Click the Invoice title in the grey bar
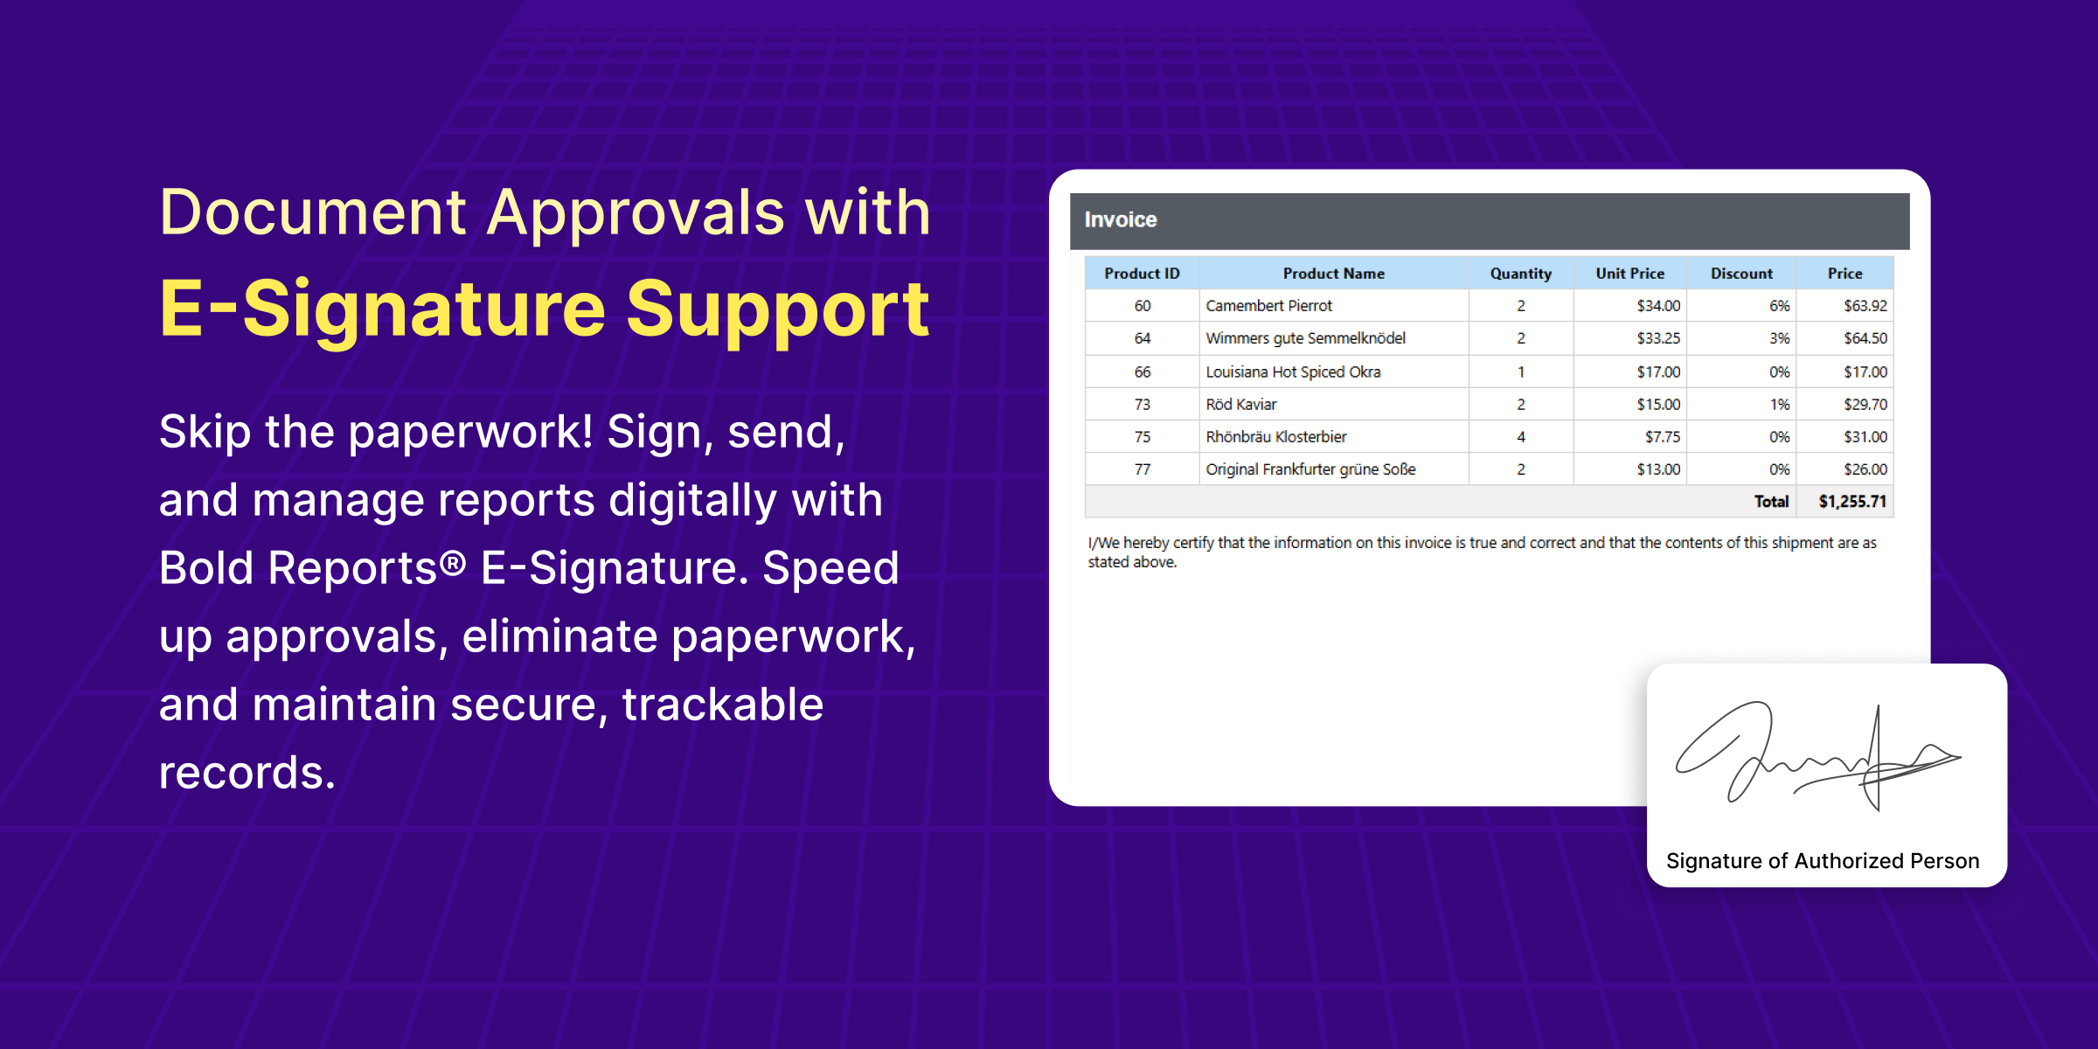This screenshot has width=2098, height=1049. click(1120, 220)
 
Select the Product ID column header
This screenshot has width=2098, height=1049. click(1142, 274)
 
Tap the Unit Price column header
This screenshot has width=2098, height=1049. click(1629, 274)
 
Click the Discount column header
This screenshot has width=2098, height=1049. click(1741, 274)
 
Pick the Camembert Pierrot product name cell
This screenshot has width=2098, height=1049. click(1268, 306)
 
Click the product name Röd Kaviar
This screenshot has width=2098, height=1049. click(1241, 405)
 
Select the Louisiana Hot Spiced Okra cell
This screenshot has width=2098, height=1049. click(1293, 372)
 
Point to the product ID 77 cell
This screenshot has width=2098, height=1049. click(1142, 469)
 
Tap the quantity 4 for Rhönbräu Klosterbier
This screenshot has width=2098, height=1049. click(1521, 437)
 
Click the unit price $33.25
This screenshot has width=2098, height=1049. click(1658, 338)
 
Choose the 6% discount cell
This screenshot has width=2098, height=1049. click(1779, 306)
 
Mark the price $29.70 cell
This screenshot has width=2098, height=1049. click(1865, 405)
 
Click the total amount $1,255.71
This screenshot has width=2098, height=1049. click(1852, 502)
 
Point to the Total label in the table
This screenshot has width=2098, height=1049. click(1771, 502)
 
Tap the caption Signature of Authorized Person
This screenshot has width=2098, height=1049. click(1823, 861)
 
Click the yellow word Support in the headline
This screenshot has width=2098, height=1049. click(777, 309)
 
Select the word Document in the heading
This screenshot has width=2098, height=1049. click(313, 213)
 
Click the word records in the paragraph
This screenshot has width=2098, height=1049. click(247, 773)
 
